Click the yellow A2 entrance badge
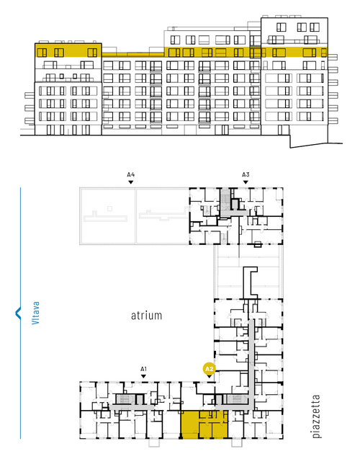[209, 369]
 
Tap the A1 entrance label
[143, 369]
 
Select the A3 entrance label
[246, 175]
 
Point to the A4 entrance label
[131, 175]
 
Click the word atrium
[146, 316]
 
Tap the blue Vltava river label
[35, 313]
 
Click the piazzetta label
[316, 416]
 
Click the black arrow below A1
[143, 376]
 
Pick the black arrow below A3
[246, 182]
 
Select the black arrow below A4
[131, 182]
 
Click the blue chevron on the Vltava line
[17, 313]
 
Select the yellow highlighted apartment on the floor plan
[204, 424]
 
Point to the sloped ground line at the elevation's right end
[316, 146]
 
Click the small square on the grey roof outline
[109, 208]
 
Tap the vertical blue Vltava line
[20, 313]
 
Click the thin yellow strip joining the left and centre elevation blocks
[132, 55]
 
